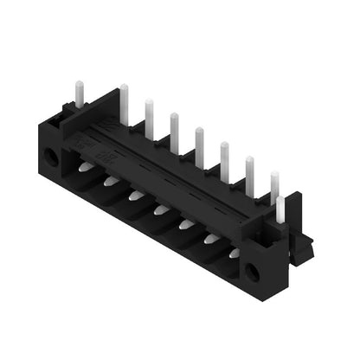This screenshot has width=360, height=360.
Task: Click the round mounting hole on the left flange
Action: pyautogui.click(x=51, y=157)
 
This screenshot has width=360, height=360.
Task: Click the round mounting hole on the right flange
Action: pyautogui.click(x=252, y=272)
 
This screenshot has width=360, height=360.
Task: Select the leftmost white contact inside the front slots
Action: pyautogui.click(x=86, y=166)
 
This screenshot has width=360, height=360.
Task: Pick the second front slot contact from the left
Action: pyautogui.click(x=111, y=181)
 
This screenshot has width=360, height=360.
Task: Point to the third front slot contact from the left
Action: pyautogui.click(x=136, y=196)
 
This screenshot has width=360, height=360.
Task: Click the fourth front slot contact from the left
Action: pyautogui.click(x=161, y=209)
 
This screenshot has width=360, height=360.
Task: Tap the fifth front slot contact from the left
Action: pyautogui.click(x=186, y=224)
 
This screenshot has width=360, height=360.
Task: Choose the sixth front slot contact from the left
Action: pyautogui.click(x=211, y=239)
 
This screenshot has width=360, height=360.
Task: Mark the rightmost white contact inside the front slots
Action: pyautogui.click(x=235, y=252)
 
